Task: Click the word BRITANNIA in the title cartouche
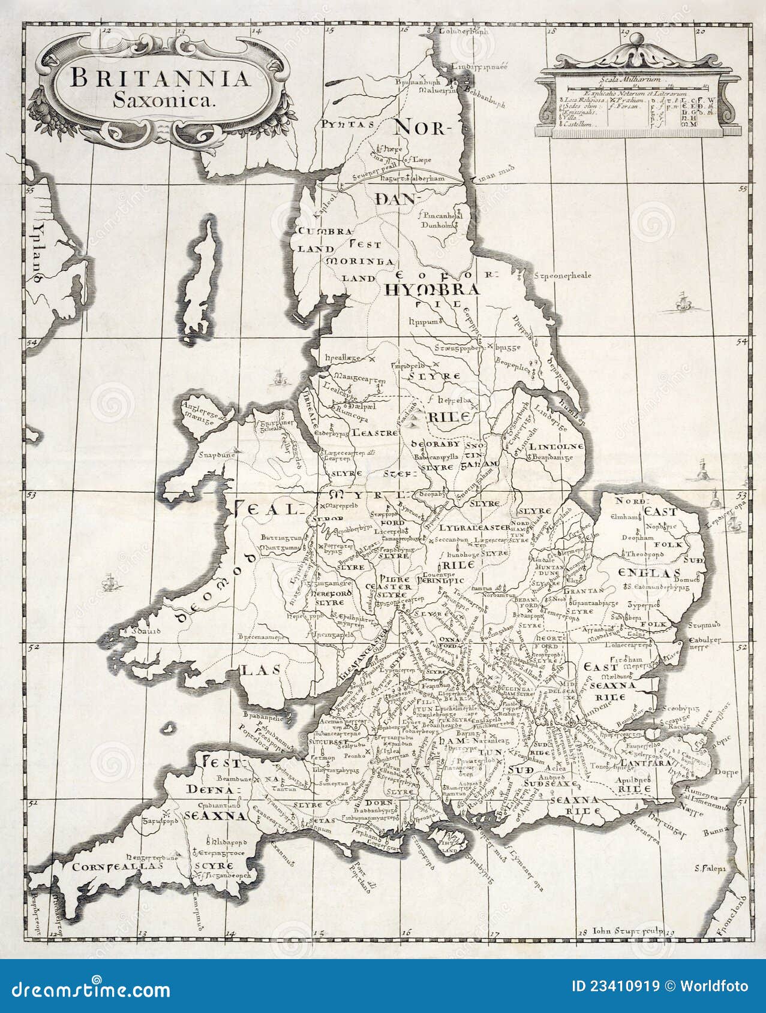pyautogui.click(x=160, y=78)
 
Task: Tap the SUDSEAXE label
pyautogui.click(x=551, y=783)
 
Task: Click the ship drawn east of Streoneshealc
pyautogui.click(x=682, y=303)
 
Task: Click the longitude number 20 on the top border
pyautogui.click(x=701, y=32)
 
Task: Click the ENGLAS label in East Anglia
pyautogui.click(x=641, y=571)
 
